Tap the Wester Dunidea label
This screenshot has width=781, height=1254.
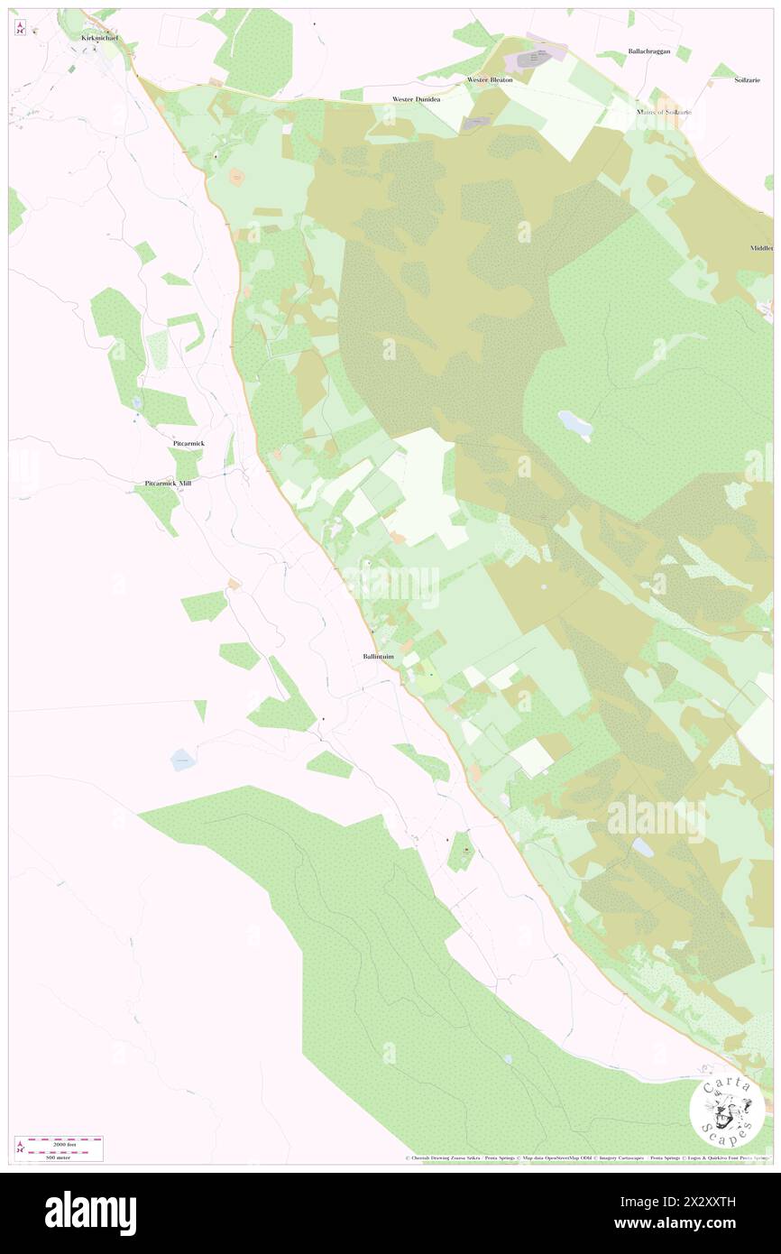pyautogui.click(x=416, y=99)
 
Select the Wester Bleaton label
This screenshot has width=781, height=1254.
pyautogui.click(x=490, y=79)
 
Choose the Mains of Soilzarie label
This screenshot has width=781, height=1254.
pyautogui.click(x=664, y=112)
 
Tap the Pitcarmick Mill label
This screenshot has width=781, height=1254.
pyautogui.click(x=168, y=484)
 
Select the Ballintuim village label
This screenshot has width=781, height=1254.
pyautogui.click(x=372, y=657)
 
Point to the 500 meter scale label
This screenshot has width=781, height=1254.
pyautogui.click(x=60, y=1156)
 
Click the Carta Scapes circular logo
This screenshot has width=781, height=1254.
pyautogui.click(x=727, y=1110)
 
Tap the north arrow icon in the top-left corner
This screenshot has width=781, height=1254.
pyautogui.click(x=20, y=28)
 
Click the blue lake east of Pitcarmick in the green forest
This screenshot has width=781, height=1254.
pyautogui.click(x=574, y=423)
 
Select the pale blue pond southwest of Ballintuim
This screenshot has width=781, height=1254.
pyautogui.click(x=183, y=760)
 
